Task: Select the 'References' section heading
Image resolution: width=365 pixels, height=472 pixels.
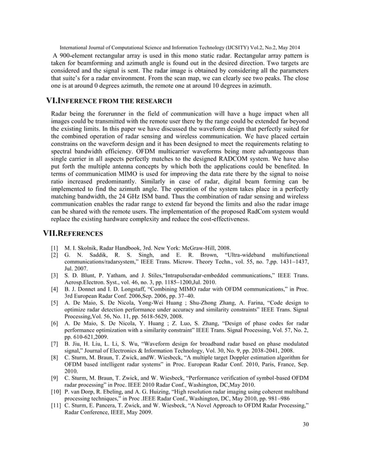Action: coord(74,233)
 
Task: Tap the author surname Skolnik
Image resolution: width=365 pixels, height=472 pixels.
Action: coord(87,248)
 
